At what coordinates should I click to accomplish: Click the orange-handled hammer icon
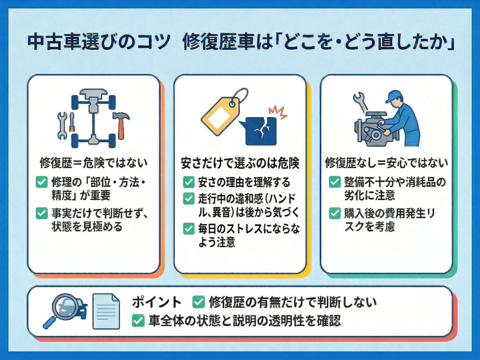click(x=121, y=124)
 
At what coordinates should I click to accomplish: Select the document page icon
click(x=106, y=311)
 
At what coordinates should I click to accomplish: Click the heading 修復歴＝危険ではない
click(x=94, y=163)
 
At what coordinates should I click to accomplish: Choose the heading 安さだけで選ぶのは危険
click(x=240, y=163)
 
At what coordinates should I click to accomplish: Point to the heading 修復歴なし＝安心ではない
click(x=386, y=163)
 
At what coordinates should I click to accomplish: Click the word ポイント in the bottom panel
click(x=156, y=302)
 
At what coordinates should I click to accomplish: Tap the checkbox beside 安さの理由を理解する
click(x=188, y=182)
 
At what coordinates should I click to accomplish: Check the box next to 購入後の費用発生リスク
click(x=334, y=214)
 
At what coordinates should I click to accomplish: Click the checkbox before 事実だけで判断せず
click(x=42, y=214)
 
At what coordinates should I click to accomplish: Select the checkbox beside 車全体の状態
click(x=138, y=321)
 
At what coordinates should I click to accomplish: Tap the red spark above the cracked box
click(x=278, y=112)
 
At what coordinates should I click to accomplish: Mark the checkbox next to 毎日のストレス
click(x=188, y=229)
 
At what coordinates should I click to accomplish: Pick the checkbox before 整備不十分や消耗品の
click(x=334, y=182)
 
